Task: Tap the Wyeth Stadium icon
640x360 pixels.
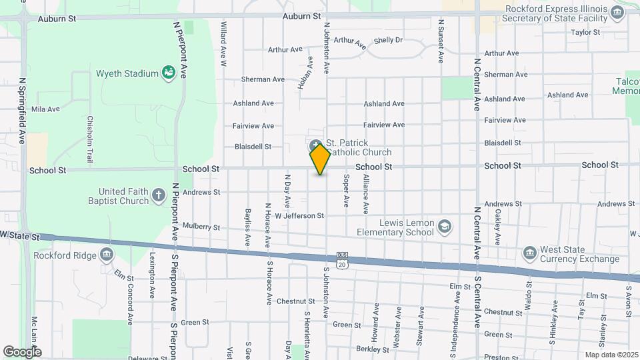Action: point(169,73)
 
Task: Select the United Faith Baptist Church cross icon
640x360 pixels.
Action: point(158,195)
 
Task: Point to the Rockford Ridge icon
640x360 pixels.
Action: point(107,254)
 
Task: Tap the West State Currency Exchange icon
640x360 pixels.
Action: point(529,253)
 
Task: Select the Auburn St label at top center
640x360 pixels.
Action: point(301,15)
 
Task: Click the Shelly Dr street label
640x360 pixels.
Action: point(388,40)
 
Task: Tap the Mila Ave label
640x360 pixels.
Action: point(45,109)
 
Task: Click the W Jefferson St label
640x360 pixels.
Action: point(299,215)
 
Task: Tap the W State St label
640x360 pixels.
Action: point(20,236)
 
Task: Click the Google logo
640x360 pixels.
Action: point(22,352)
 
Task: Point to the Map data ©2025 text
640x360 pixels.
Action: point(611,355)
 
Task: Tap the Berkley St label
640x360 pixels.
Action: point(373,349)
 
